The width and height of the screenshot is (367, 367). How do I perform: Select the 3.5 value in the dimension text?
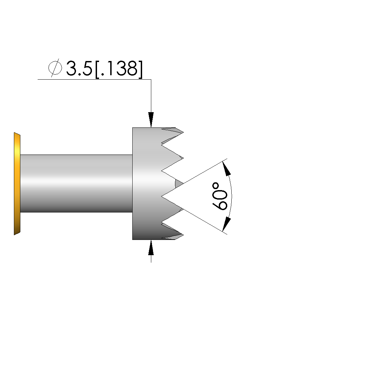tap(79, 68)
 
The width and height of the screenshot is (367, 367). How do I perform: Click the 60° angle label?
tap(220, 196)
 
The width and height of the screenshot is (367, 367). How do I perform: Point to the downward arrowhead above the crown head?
tap(151, 120)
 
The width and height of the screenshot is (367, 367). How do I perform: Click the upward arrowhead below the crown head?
tap(151, 247)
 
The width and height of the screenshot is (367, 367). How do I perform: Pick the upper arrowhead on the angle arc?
tap(226, 168)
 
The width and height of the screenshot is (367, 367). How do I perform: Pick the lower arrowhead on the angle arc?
tap(226, 225)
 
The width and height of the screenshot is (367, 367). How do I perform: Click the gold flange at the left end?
tap(17, 184)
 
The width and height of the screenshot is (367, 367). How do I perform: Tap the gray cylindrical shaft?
tap(76, 184)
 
